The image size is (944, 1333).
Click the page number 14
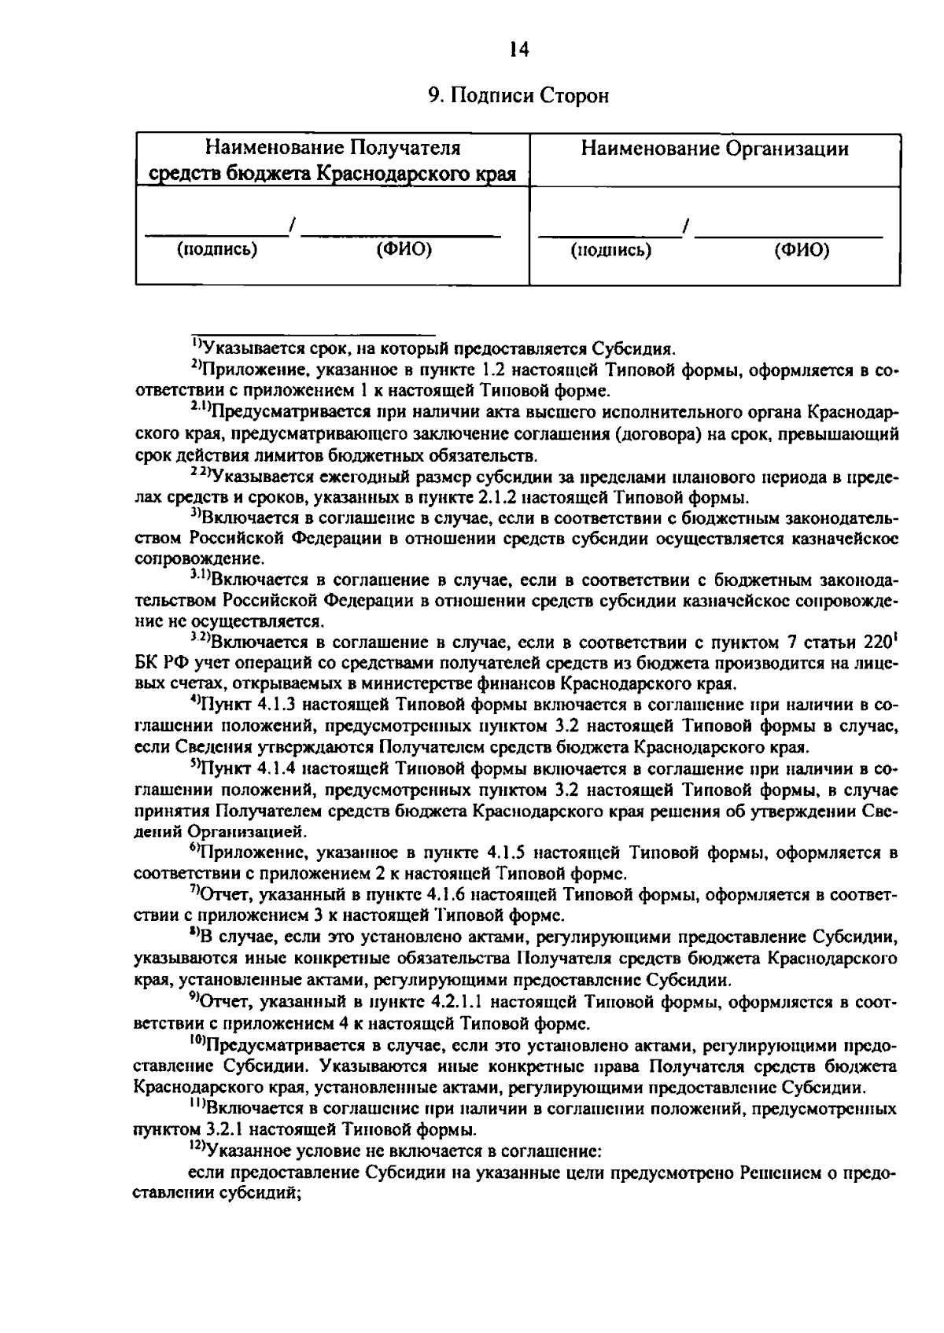(x=518, y=50)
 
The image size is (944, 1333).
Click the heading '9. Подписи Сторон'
(x=518, y=96)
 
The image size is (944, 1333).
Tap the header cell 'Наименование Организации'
(x=714, y=149)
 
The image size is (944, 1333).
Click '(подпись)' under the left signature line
(x=217, y=250)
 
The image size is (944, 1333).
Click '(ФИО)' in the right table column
(x=801, y=250)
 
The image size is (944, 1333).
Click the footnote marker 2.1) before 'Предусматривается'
(x=200, y=407)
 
